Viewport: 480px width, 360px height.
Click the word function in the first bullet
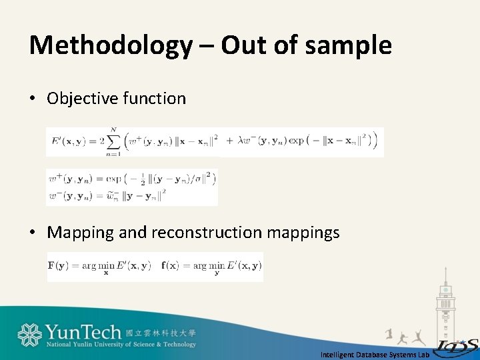pos(155,99)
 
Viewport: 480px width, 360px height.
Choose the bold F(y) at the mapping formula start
pos(60,265)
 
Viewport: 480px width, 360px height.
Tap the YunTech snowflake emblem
pos(29,335)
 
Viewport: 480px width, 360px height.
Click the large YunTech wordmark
pos(83,331)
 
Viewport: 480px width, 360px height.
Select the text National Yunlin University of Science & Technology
pos(121,345)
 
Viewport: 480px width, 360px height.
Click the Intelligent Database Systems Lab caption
pos(374,355)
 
